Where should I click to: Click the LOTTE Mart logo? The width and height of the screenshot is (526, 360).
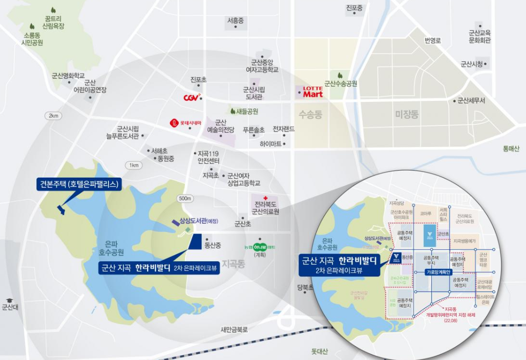[312, 92]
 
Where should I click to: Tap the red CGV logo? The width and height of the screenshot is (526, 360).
[191, 97]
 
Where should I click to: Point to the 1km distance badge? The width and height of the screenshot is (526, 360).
[134, 165]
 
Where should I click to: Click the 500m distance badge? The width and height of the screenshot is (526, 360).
[185, 198]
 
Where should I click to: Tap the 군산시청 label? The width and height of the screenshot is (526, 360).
[472, 64]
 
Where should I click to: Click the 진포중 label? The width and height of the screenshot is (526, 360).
[354, 8]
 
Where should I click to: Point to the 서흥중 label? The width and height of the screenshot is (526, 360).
[235, 20]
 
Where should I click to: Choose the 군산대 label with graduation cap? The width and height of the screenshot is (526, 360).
[10, 307]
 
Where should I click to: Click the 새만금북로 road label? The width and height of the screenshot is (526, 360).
[234, 329]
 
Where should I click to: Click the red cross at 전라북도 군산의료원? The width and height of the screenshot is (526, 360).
[265, 198]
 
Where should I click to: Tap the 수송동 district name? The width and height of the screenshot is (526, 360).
[310, 114]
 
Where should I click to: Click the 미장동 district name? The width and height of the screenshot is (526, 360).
[407, 114]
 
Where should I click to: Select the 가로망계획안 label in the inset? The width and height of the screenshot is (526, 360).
[437, 272]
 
